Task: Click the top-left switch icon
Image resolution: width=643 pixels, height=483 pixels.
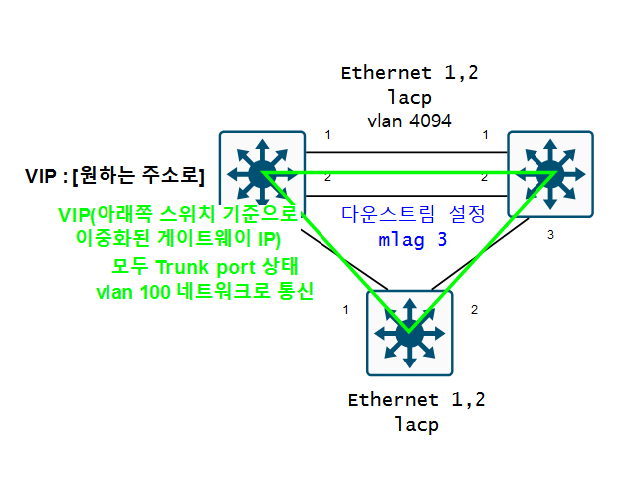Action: tap(262, 174)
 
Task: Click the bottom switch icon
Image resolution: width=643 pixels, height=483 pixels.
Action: tap(409, 332)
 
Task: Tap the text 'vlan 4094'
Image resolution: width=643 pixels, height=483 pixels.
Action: tap(409, 121)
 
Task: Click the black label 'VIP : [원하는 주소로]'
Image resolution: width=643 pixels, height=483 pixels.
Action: tap(114, 176)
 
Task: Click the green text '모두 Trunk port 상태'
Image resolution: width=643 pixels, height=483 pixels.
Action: tap(206, 270)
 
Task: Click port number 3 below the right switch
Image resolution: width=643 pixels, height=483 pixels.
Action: tap(550, 236)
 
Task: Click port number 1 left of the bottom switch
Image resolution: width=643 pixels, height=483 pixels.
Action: tap(345, 310)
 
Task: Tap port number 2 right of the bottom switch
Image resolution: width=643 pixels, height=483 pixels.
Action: tap(474, 310)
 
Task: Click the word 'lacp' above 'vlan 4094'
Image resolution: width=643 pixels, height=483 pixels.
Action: tap(408, 97)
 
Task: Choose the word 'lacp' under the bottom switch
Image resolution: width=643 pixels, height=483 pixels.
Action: tap(416, 424)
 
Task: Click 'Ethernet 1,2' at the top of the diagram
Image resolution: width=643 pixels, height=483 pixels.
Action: tap(408, 73)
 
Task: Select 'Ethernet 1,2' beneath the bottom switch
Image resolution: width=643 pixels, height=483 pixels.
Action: tap(416, 400)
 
